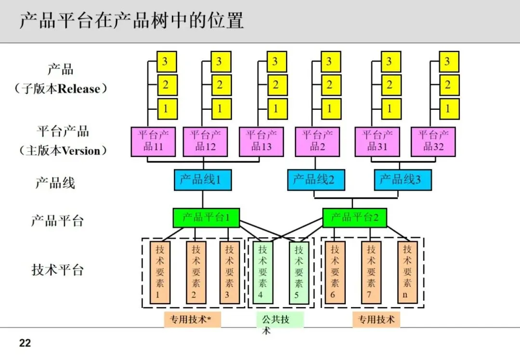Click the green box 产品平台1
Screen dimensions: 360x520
206,218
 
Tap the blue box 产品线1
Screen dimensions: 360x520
202,180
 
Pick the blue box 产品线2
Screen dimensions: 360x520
313,180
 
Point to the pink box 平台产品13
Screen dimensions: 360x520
261,142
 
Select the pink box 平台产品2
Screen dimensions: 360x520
317,142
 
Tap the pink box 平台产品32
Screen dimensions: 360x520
433,142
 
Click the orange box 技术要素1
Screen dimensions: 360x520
159,272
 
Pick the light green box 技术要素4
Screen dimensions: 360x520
262,272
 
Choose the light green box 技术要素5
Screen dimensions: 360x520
299,272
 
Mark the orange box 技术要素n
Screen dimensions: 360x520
407,272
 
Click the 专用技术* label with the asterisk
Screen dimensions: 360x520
192,320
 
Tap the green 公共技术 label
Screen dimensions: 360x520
279,320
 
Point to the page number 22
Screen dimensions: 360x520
25,343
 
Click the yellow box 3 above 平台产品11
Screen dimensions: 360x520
166,62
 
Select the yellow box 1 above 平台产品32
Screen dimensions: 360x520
448,108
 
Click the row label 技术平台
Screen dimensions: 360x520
58,269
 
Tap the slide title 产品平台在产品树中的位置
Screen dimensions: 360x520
131,21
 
